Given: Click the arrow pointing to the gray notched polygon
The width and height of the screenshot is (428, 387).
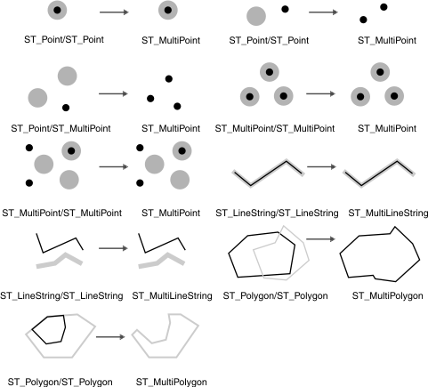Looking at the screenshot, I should [x=109, y=337].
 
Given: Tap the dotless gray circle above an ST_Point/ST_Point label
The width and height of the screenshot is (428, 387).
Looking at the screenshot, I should [x=254, y=15].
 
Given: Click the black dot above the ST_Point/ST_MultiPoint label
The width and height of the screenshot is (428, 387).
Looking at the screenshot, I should [x=64, y=107].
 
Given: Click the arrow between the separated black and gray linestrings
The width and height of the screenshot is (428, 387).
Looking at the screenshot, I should [x=110, y=249].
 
